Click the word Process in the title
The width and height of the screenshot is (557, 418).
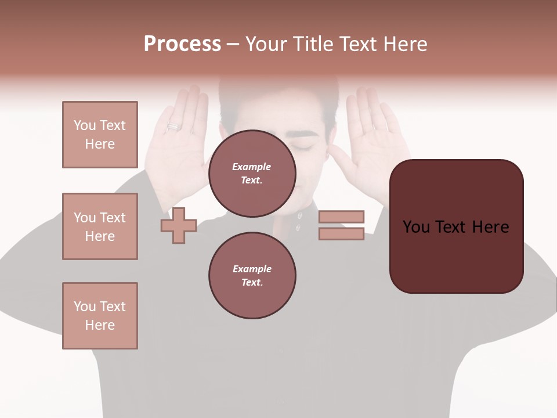[x=182, y=44]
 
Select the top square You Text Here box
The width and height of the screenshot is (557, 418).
[x=100, y=135]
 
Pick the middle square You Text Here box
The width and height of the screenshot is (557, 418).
[x=100, y=226]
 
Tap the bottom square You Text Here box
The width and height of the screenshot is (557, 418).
[x=100, y=316]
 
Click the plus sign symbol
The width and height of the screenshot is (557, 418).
[x=179, y=225]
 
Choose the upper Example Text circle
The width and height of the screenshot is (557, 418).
[x=252, y=173]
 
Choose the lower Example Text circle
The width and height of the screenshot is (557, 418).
[x=252, y=275]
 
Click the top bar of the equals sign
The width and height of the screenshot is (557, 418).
[x=341, y=217]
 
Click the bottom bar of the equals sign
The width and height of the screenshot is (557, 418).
[x=341, y=234]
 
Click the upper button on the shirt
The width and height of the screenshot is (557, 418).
[x=300, y=215]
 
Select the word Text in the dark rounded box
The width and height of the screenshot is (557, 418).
[x=456, y=227]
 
